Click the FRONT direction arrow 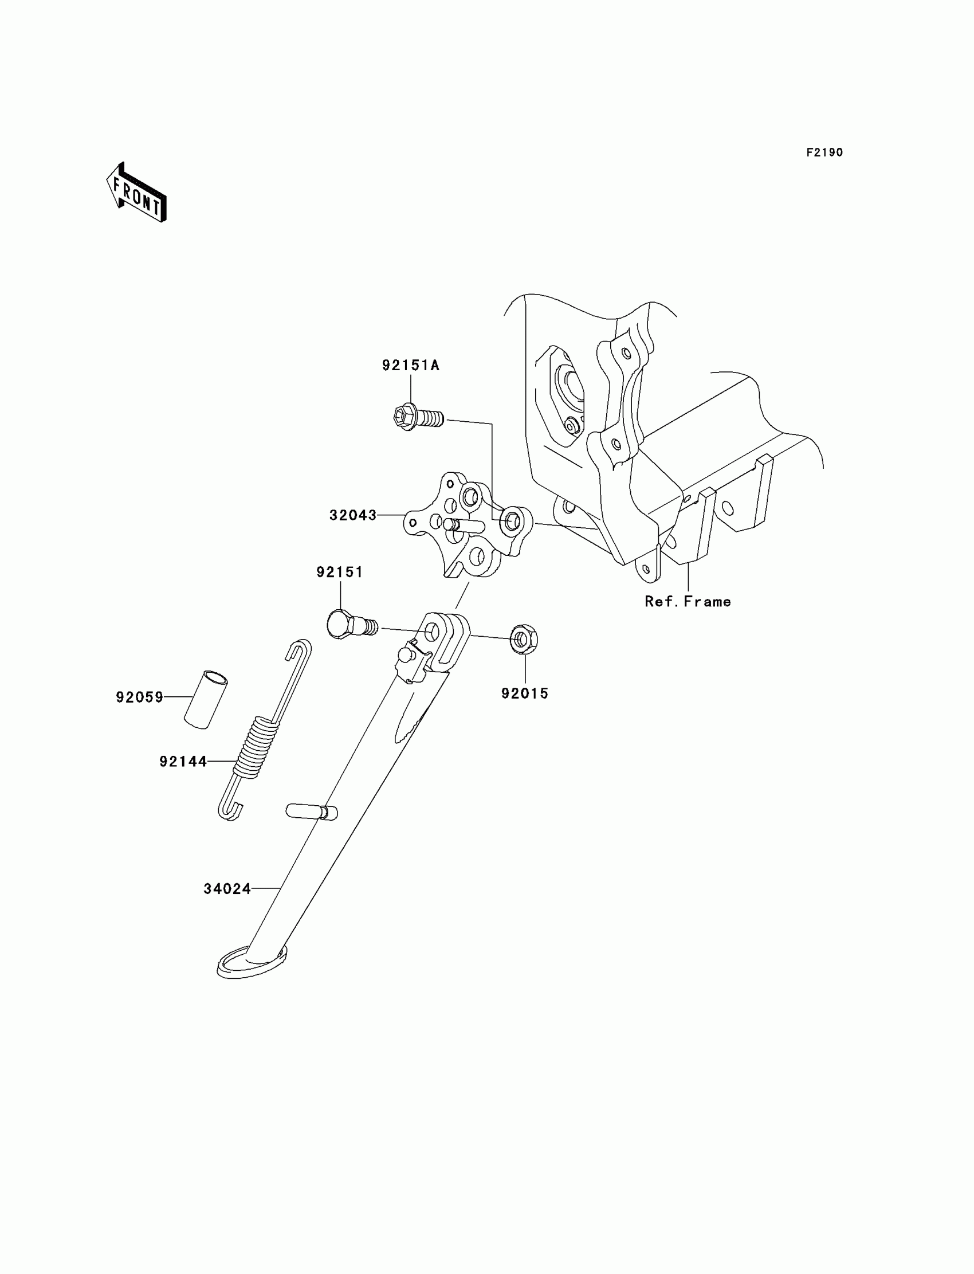(x=137, y=193)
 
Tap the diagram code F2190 (x=824, y=152)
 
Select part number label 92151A (x=410, y=365)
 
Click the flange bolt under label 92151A (x=416, y=416)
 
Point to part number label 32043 (x=352, y=515)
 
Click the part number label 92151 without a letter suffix (x=340, y=573)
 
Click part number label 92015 (x=525, y=693)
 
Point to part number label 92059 (x=140, y=697)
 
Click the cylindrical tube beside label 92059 (x=206, y=699)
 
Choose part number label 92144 (x=183, y=762)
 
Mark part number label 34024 (x=227, y=889)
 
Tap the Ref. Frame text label (x=688, y=602)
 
